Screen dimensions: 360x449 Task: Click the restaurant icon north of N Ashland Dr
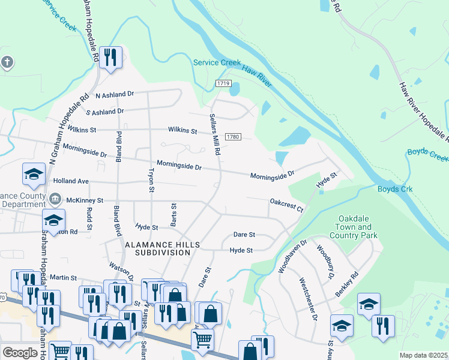pos(111,58)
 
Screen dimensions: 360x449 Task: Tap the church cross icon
pos(7,62)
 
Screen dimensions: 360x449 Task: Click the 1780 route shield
pos(234,137)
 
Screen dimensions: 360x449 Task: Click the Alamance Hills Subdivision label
pos(157,248)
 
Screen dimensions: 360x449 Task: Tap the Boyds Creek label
pos(427,155)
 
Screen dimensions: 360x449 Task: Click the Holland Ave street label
pos(70,181)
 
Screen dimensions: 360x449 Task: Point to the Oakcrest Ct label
pos(287,205)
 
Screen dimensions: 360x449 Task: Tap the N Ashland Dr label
pos(111,95)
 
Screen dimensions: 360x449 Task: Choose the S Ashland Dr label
pos(104,112)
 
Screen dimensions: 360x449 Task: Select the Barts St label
pos(173,215)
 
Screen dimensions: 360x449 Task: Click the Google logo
pos(20,353)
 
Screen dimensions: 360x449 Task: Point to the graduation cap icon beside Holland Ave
pos(34,175)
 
